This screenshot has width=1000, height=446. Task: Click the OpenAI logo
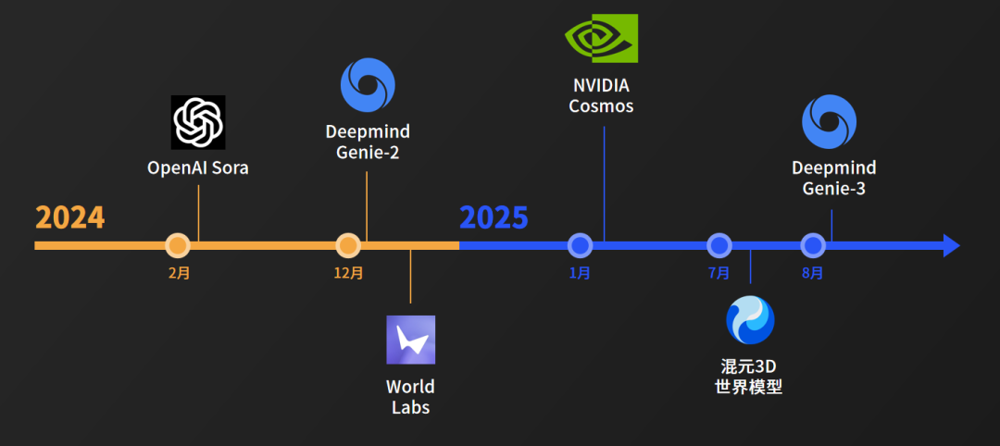pos(198,122)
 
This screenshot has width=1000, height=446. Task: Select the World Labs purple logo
pos(410,340)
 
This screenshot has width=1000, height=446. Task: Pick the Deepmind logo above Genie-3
pos(830,123)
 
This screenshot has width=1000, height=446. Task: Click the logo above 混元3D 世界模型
pos(749,320)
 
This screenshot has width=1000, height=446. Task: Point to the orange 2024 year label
pos(70,217)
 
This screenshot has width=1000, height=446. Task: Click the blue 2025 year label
pos(494,217)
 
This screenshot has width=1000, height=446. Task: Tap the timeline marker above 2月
pos(178,245)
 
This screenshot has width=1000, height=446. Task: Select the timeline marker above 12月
pos(348,245)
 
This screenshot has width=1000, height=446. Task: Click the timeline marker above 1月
pos(580,245)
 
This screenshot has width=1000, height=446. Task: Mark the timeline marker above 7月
pos(719,245)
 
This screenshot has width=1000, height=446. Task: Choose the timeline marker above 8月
pos(813,245)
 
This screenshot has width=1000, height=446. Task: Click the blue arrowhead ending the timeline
pos(951,245)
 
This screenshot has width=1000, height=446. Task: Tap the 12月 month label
pos(348,273)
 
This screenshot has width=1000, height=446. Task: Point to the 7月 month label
pos(719,273)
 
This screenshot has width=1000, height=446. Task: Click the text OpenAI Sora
pos(198,168)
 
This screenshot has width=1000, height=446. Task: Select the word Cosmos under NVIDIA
pos(601,105)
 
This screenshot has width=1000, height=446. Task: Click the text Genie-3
pos(833,188)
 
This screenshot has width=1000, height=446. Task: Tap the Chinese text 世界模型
pos(749,387)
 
